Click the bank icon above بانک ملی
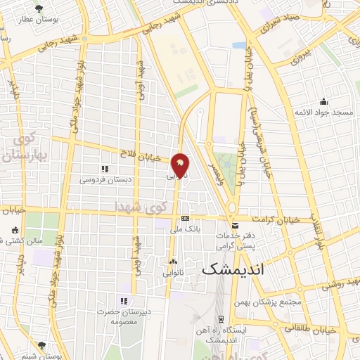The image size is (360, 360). (x=184, y=218)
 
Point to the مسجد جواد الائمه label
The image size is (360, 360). (x=324, y=112)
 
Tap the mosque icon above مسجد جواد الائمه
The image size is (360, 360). (x=323, y=101)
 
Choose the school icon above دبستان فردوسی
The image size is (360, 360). (x=104, y=169)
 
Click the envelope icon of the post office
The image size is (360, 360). (x=235, y=225)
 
